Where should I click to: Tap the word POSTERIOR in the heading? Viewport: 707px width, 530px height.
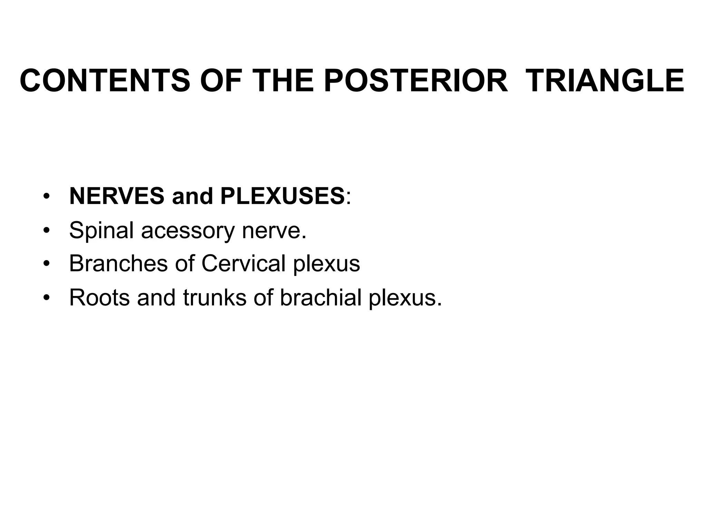[416, 81]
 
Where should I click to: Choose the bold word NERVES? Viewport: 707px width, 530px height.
[117, 196]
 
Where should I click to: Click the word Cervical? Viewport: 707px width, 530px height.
[243, 263]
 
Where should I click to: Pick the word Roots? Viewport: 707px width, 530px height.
[99, 297]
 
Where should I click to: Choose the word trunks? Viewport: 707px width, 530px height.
[215, 297]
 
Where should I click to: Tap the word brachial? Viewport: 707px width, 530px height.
[320, 297]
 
